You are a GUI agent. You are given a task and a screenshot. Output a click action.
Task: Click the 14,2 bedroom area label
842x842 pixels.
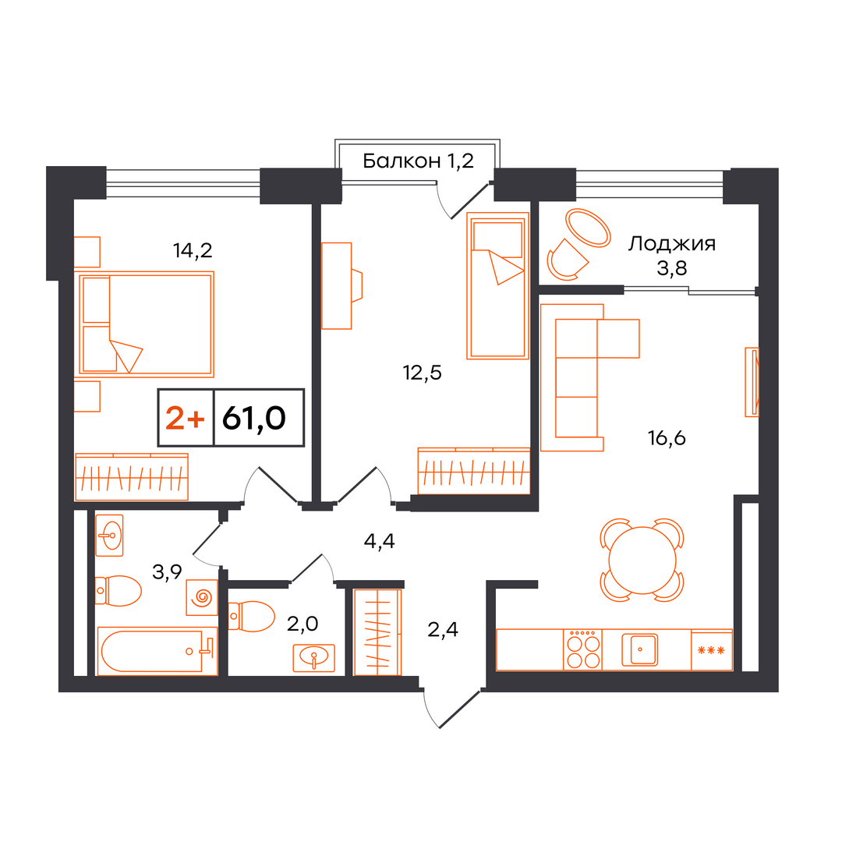pyautogui.click(x=193, y=250)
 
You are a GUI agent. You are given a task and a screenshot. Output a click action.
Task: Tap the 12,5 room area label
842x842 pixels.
pyautogui.click(x=422, y=372)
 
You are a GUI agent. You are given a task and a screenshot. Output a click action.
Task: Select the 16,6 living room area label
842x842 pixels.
pyautogui.click(x=667, y=438)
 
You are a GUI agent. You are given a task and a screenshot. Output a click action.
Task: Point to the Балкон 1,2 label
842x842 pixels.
pyautogui.click(x=418, y=161)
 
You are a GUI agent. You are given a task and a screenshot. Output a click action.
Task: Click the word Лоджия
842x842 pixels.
pyautogui.click(x=672, y=244)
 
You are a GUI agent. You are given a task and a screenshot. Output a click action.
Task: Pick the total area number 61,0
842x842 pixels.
pyautogui.click(x=254, y=418)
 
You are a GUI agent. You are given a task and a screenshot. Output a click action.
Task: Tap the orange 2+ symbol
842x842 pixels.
pyautogui.click(x=185, y=418)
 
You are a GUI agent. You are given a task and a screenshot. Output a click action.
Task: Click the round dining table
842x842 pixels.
pyautogui.click(x=642, y=560)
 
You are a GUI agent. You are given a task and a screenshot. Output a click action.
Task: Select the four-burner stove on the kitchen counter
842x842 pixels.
pyautogui.click(x=583, y=649)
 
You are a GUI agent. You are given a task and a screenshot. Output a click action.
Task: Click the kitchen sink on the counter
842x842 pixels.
pyautogui.click(x=639, y=649)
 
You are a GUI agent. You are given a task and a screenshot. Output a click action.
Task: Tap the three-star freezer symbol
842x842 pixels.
pyautogui.click(x=711, y=650)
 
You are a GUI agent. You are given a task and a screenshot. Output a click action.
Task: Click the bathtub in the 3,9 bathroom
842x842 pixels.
pyautogui.click(x=157, y=651)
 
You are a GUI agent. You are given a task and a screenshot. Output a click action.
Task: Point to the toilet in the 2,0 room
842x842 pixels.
pyautogui.click(x=251, y=616)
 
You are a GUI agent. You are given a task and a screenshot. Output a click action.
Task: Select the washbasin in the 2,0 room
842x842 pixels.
pyautogui.click(x=313, y=658)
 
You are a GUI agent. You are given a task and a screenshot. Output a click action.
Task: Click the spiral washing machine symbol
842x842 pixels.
pyautogui.click(x=202, y=597)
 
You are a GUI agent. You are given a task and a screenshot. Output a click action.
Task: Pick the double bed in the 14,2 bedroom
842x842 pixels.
pyautogui.click(x=147, y=324)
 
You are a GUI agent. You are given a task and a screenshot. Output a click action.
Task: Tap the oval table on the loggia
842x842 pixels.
pyautogui.click(x=589, y=228)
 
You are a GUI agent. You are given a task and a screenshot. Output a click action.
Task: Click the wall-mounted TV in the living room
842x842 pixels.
pyautogui.click(x=752, y=382)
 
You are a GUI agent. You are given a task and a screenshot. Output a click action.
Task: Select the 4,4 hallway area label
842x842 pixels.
pyautogui.click(x=379, y=541)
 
